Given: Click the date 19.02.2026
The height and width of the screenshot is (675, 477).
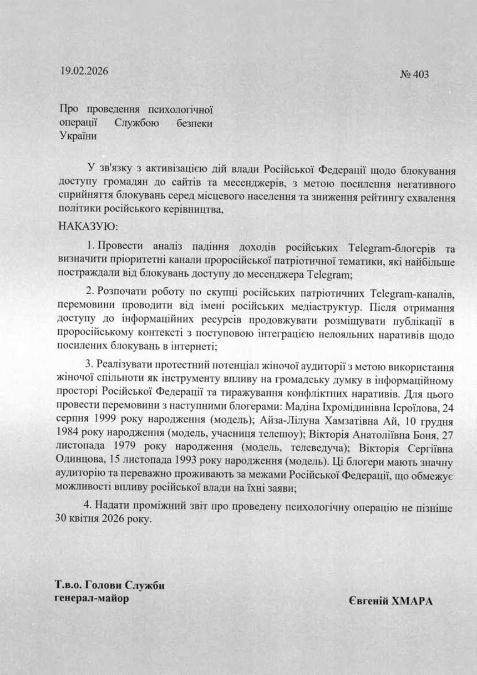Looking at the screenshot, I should (x=84, y=72).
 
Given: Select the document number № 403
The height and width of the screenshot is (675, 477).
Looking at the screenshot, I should (x=414, y=74).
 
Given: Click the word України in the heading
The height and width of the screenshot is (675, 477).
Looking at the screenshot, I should (x=78, y=136).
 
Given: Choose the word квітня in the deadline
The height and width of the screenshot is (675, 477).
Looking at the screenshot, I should (x=88, y=522).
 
